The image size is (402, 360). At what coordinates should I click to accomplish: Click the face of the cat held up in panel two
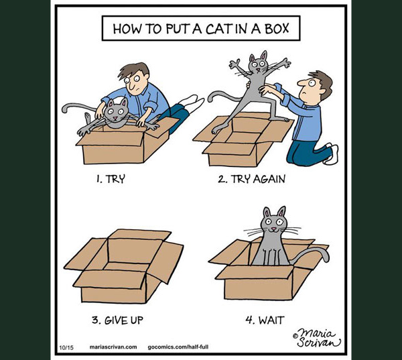pos(257,64)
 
